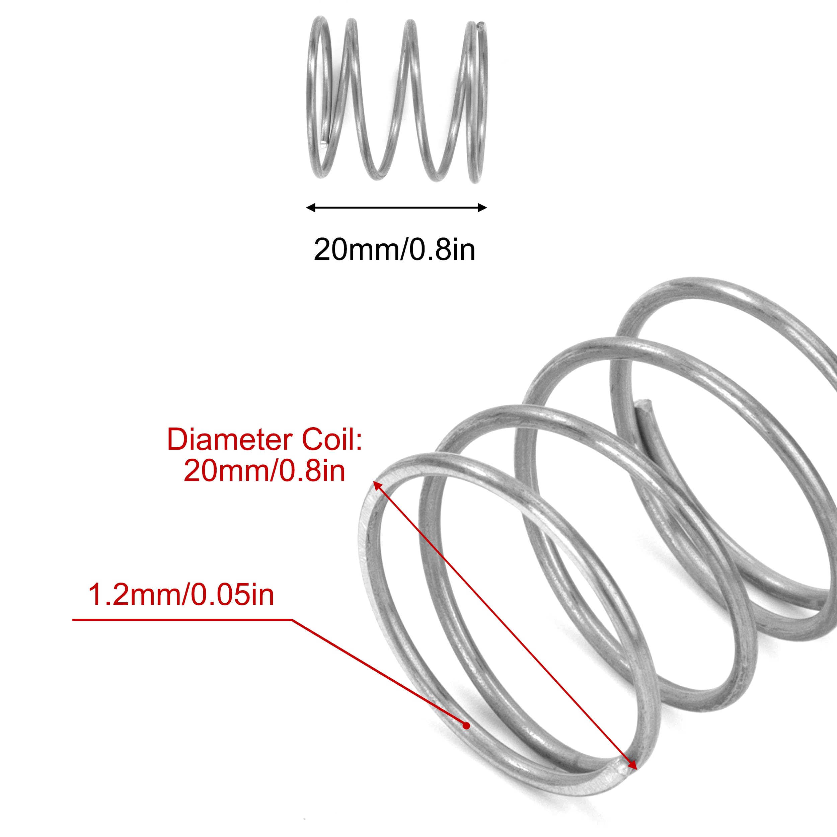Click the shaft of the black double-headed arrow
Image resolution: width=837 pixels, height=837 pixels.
click(396, 208)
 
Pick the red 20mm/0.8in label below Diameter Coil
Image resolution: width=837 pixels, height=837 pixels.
click(264, 471)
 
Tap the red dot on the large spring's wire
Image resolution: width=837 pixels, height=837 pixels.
click(466, 726)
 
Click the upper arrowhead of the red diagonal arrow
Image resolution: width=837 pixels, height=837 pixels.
click(377, 485)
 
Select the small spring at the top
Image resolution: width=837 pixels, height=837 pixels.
click(396, 102)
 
